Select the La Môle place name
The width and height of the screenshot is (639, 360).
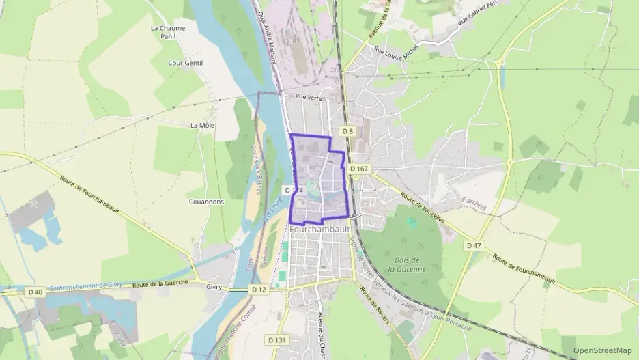(x=203, y=125)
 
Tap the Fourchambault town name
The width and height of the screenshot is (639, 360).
(x=320, y=230)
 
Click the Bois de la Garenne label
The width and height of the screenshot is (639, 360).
(x=410, y=264)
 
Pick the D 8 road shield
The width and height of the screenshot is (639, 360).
(x=347, y=131)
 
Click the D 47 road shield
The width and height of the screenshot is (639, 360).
(x=474, y=245)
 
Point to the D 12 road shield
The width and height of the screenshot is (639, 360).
(x=259, y=290)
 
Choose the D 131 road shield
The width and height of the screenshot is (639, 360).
(x=276, y=340)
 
